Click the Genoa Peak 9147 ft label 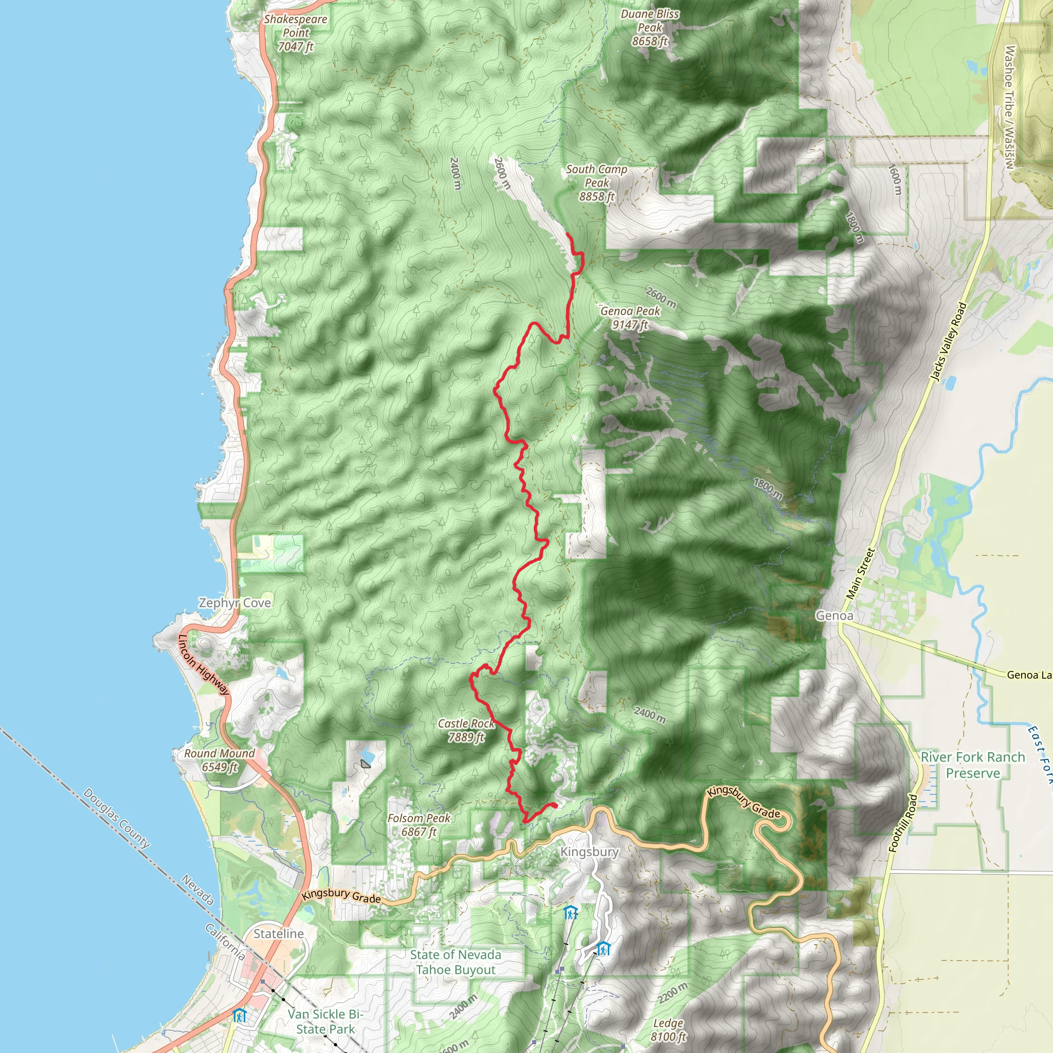(x=630, y=318)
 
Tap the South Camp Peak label (x=596, y=183)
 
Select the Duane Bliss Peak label (x=650, y=28)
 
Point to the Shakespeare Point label (x=296, y=33)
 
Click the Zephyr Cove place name (x=234, y=603)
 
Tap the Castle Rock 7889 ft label (x=466, y=730)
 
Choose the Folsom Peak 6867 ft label (x=419, y=825)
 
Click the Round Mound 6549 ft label (x=220, y=760)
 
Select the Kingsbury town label (x=589, y=852)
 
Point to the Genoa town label (x=834, y=615)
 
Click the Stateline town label (x=279, y=934)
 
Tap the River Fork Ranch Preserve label (x=973, y=765)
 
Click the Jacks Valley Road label (x=948, y=342)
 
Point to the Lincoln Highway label (x=204, y=665)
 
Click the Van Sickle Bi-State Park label (x=325, y=1022)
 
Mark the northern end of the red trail (x=568, y=233)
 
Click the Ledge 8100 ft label (x=668, y=1029)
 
